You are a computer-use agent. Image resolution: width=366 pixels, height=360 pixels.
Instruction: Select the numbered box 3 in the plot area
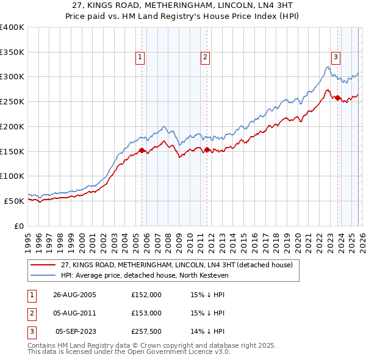(335, 57)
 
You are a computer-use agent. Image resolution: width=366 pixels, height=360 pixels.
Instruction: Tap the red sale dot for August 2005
(142, 150)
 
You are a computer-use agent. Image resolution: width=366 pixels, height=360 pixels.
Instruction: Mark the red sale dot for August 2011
(207, 149)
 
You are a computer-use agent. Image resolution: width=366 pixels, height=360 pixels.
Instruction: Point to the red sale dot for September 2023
(337, 97)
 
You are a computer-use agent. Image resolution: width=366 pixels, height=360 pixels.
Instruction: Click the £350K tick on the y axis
(12, 52)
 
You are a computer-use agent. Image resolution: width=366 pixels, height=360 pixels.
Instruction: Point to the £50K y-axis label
(14, 201)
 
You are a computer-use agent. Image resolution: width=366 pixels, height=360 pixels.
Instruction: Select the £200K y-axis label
(12, 126)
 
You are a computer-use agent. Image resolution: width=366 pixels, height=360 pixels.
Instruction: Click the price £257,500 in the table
(146, 332)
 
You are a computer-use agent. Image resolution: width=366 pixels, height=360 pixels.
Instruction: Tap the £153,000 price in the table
(146, 313)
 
